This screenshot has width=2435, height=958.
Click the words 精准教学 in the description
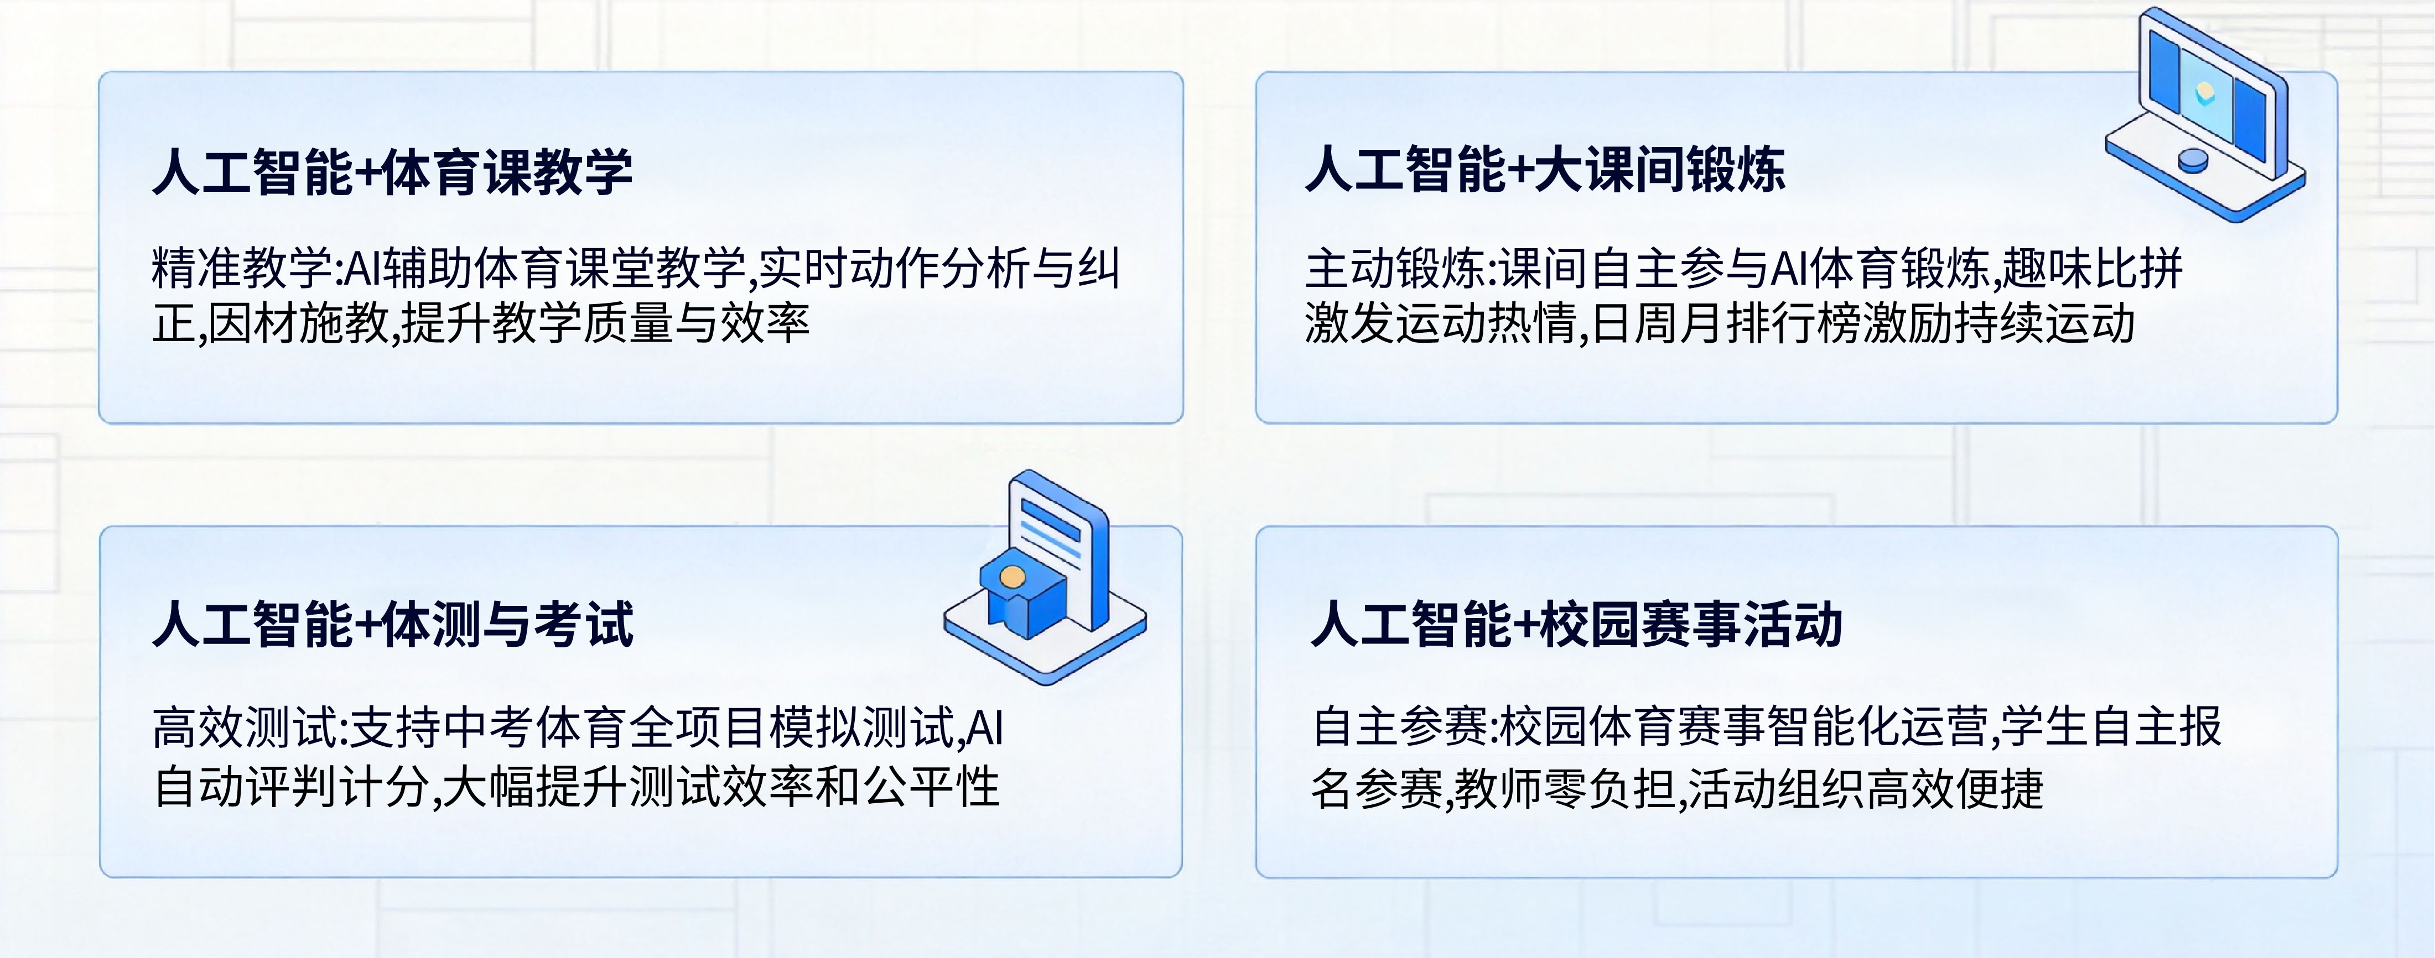[x=242, y=268]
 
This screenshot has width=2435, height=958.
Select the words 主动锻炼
[x=1395, y=268]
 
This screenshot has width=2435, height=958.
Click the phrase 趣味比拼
[x=2093, y=268]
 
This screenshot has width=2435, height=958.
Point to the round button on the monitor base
[x=2193, y=161]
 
